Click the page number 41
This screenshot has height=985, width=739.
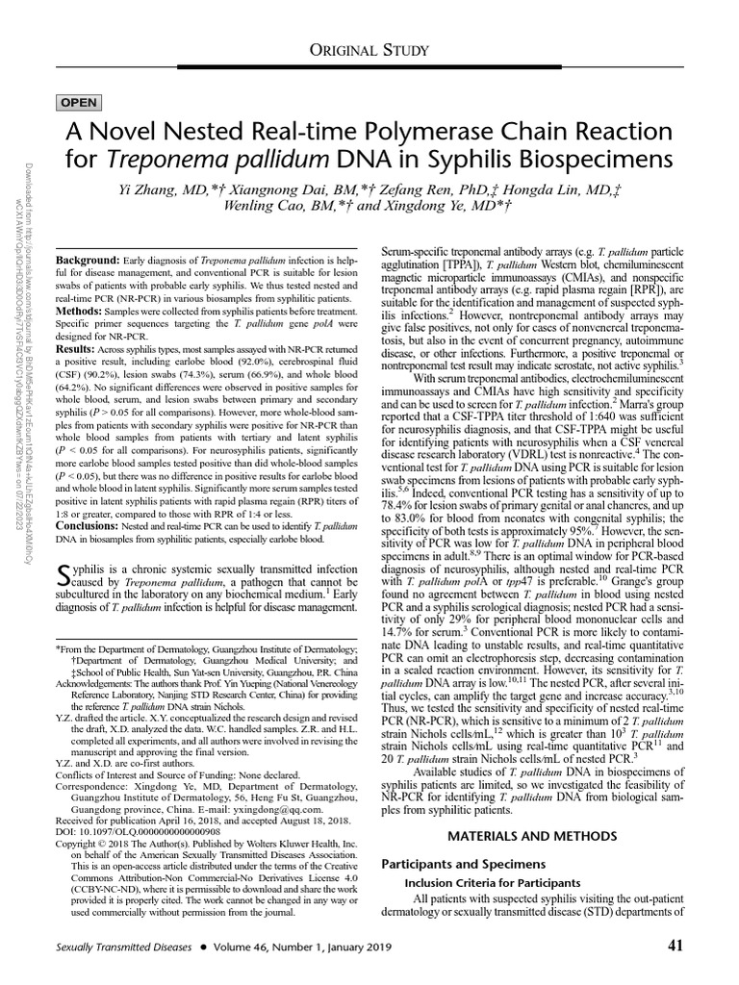674,946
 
